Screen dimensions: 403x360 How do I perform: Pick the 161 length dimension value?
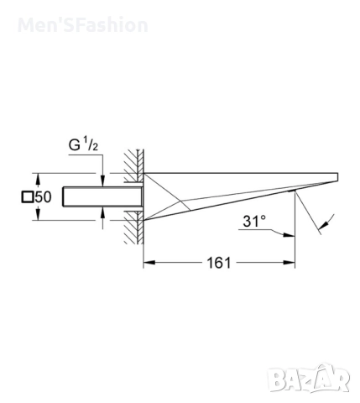[218, 264]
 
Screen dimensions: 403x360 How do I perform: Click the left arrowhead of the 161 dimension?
[148, 264]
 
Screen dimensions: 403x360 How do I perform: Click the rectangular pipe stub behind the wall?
[101, 197]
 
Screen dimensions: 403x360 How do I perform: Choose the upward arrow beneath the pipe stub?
[102, 217]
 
